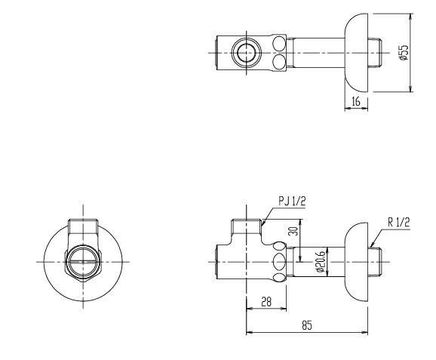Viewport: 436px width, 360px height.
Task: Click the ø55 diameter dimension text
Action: click(x=404, y=52)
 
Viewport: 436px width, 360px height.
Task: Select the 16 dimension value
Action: click(x=356, y=101)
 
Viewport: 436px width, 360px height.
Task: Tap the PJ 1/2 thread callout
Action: click(x=292, y=202)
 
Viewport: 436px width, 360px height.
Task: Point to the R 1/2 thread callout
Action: click(x=399, y=223)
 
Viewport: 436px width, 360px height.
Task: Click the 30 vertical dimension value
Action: click(x=293, y=231)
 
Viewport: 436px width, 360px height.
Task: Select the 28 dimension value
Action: click(x=266, y=302)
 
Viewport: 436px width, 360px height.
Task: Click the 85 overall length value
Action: click(x=307, y=325)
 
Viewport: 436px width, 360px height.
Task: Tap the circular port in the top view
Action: click(x=247, y=52)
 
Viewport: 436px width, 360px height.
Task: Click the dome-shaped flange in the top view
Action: click(x=356, y=52)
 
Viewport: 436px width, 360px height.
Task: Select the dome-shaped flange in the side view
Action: click(x=356, y=262)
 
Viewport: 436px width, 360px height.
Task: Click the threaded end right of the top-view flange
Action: click(x=375, y=52)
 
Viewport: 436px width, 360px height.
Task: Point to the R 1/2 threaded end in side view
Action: click(x=375, y=262)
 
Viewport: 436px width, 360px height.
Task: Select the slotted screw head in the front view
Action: click(x=83, y=262)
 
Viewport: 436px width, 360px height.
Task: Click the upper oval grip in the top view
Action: click(x=279, y=44)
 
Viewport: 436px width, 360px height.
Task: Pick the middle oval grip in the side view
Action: click(x=279, y=262)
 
